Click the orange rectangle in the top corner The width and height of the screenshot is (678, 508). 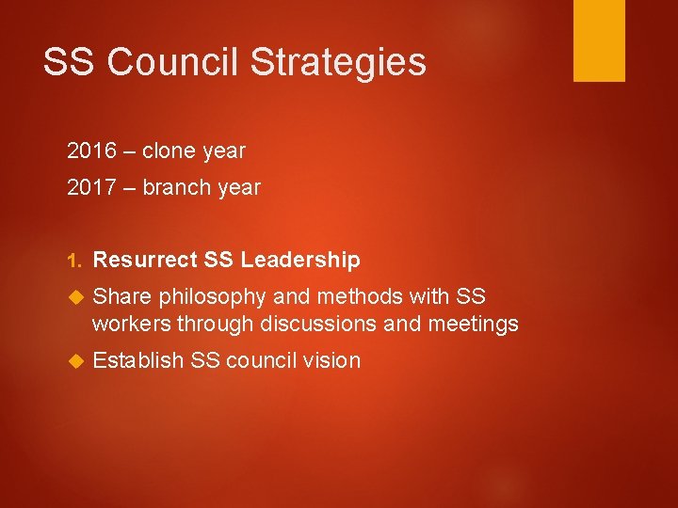599,40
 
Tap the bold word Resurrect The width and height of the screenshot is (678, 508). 146,260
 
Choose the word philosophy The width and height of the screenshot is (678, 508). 213,297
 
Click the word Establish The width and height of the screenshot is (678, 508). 138,360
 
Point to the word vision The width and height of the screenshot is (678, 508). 330,360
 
